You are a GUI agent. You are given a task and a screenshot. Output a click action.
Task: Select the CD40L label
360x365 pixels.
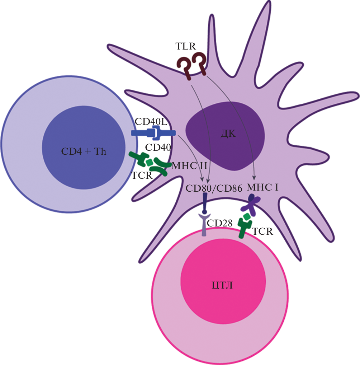click(151, 122)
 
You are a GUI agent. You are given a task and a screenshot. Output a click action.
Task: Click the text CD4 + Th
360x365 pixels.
click(85, 151)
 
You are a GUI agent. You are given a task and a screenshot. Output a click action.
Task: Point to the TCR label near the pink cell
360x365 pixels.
click(262, 231)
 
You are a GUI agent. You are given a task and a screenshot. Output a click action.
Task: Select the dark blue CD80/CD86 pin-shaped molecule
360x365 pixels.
click(205, 204)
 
